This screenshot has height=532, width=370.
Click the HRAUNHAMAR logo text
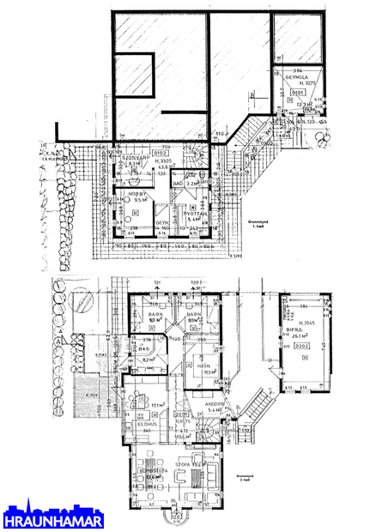(x=54, y=520)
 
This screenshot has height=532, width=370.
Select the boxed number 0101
(x=298, y=91)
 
